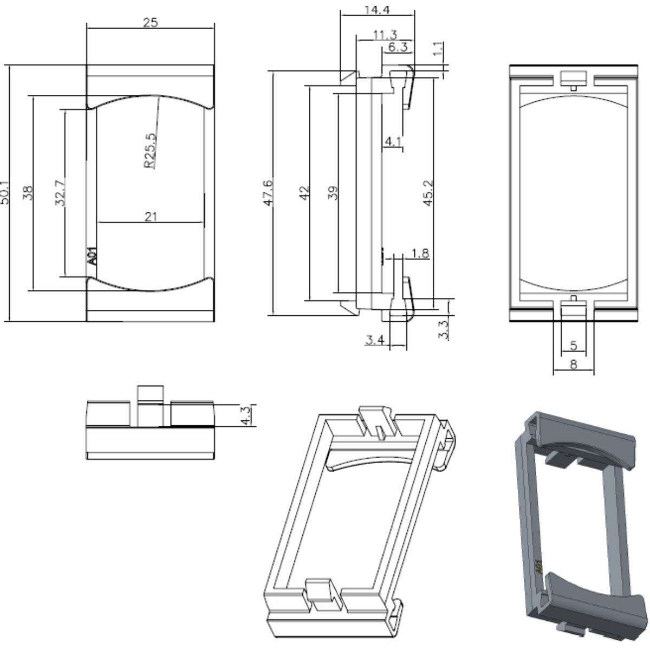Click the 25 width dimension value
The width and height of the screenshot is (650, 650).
(x=150, y=23)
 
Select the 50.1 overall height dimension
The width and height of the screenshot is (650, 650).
(x=5, y=192)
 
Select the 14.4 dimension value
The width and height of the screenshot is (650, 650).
(x=378, y=9)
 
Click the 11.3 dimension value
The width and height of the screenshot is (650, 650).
(x=385, y=35)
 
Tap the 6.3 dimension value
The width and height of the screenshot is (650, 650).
(x=398, y=48)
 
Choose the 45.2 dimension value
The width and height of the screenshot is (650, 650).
(x=428, y=192)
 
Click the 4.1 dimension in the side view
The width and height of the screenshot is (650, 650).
(x=393, y=142)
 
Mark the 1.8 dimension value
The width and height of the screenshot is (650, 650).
(x=420, y=253)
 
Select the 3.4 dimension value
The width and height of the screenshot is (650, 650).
(x=375, y=340)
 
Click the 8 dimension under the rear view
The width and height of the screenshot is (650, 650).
(x=573, y=365)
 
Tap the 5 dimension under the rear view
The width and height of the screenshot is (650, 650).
(x=574, y=345)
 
